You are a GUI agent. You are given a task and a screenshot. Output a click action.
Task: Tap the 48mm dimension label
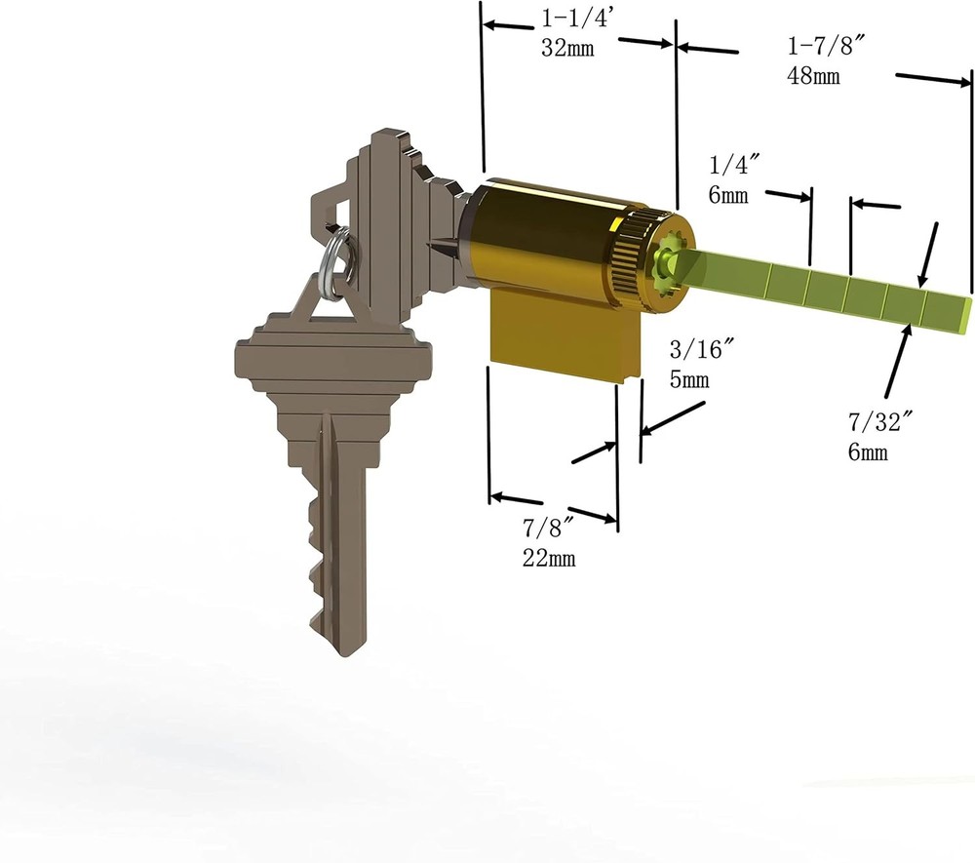(x=813, y=76)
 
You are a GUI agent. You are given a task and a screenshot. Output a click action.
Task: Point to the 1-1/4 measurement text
(x=573, y=19)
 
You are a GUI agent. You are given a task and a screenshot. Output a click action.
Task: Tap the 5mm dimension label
(x=690, y=379)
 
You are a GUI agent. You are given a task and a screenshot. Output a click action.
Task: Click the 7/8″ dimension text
(x=548, y=529)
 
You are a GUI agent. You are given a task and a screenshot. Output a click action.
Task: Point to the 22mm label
(x=549, y=558)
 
